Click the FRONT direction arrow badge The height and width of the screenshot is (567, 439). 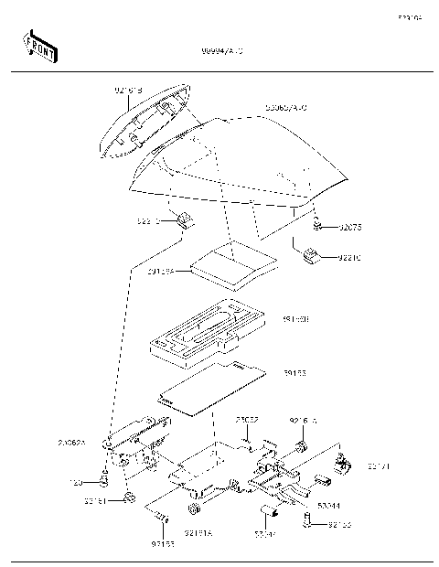(39, 48)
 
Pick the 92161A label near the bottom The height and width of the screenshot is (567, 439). (198, 532)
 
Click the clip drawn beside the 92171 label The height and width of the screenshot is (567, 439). (345, 464)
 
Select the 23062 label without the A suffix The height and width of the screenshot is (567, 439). (247, 420)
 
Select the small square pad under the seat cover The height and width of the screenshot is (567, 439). (232, 262)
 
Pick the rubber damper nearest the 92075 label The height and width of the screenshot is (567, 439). (309, 255)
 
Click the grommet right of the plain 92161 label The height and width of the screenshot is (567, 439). (131, 497)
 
